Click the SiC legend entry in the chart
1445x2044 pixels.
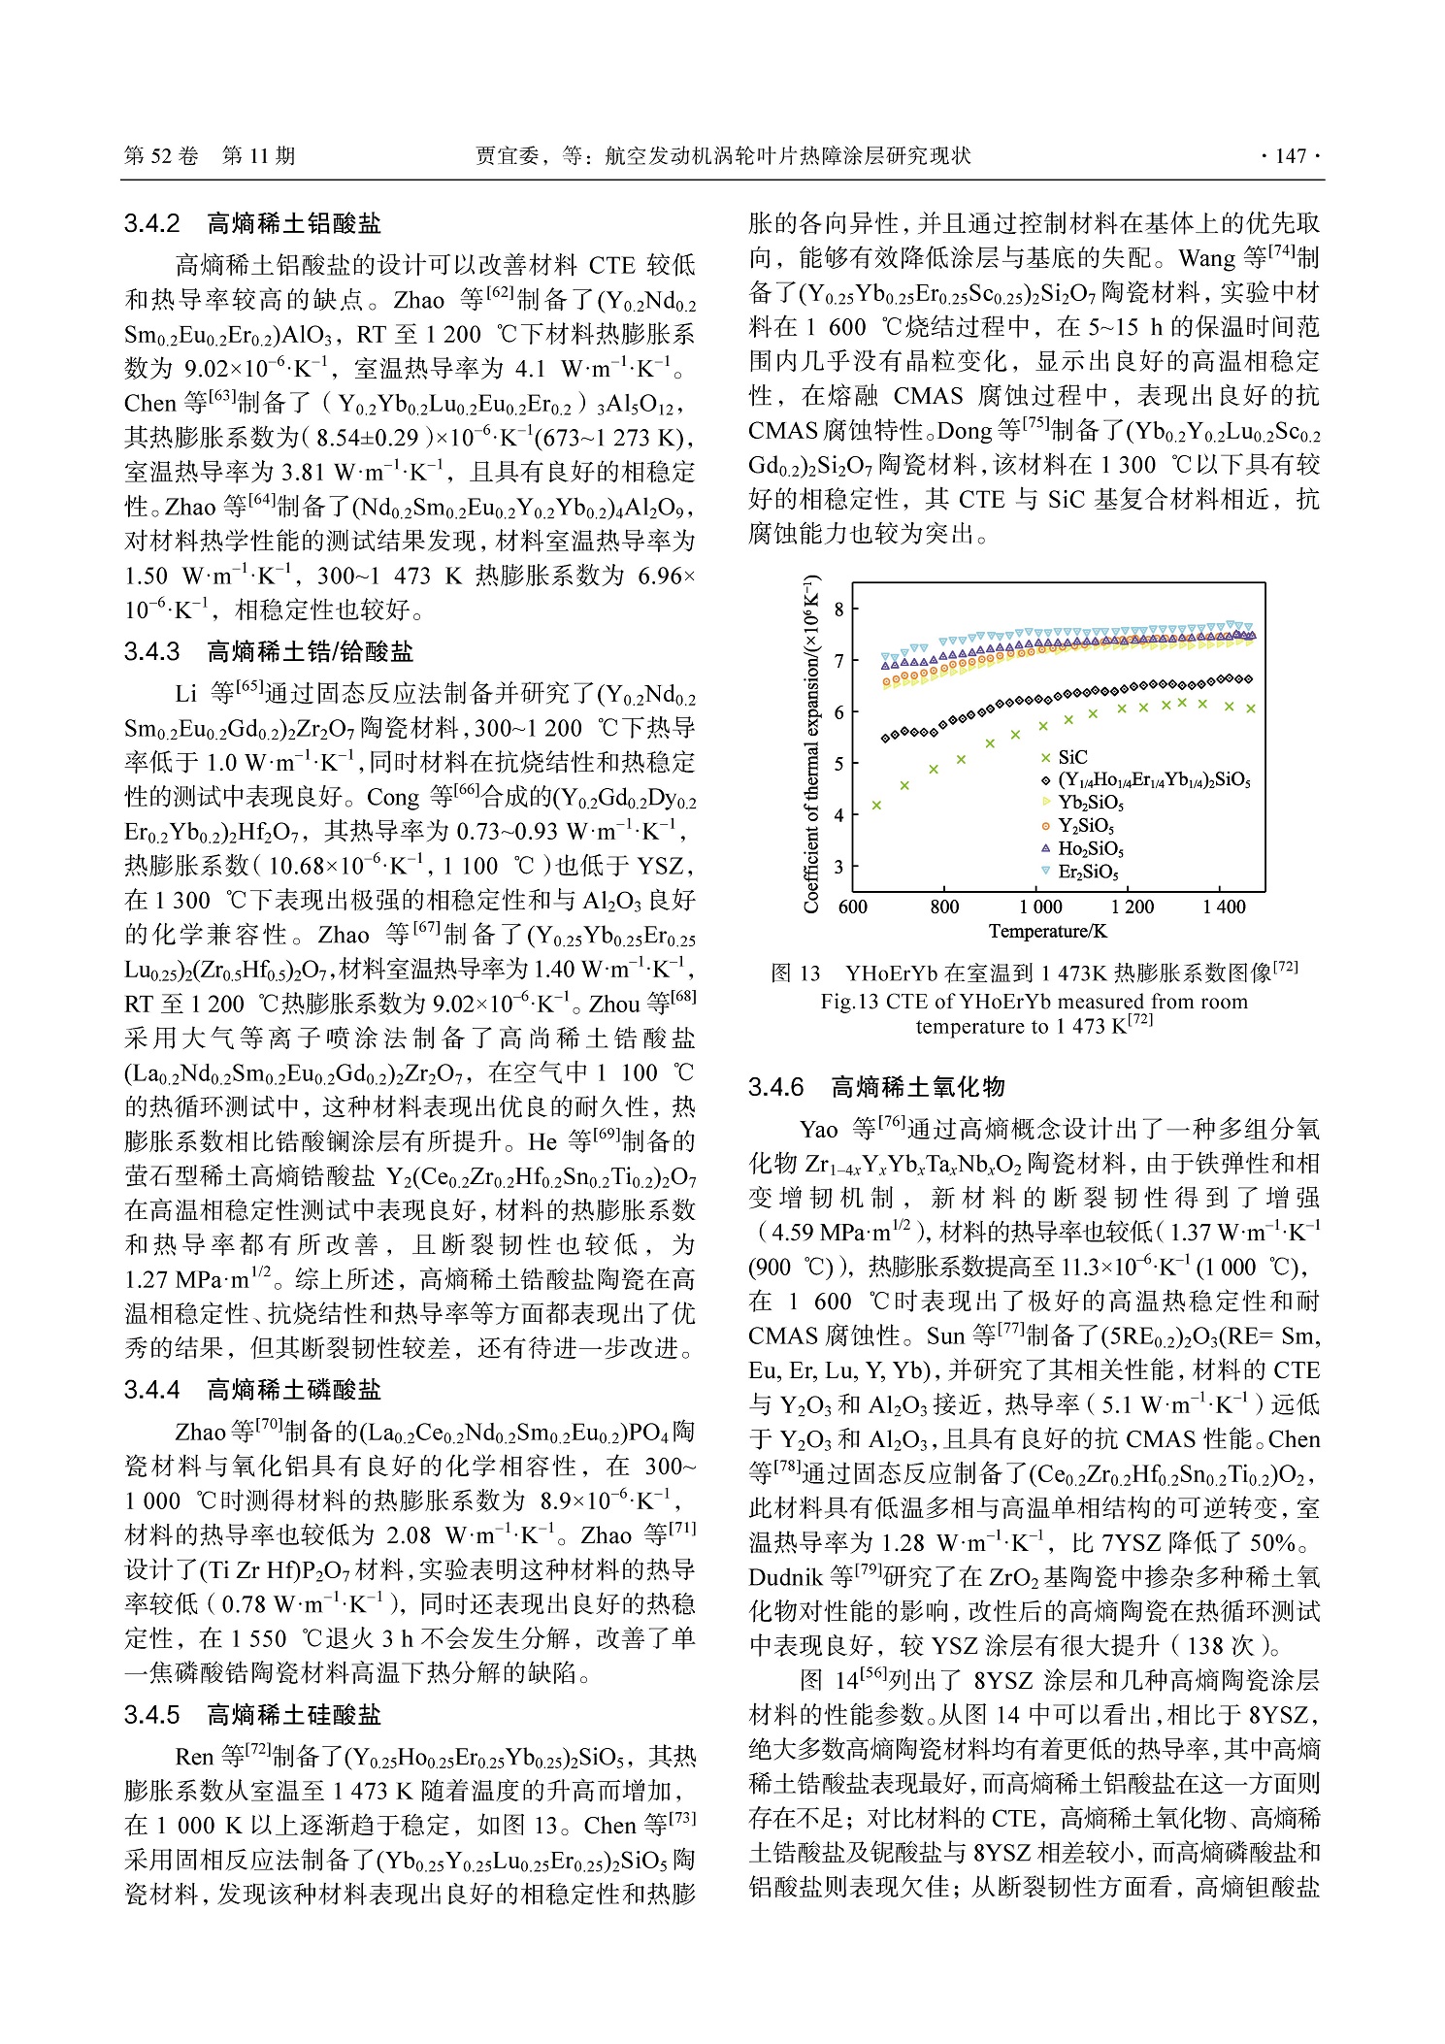pos(1071,757)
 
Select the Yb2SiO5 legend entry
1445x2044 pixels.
pos(1090,803)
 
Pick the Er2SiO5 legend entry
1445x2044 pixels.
pos(1088,872)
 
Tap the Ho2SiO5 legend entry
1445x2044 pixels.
pos(1090,848)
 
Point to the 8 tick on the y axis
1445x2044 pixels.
pos(839,610)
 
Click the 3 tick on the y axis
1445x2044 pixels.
pos(839,867)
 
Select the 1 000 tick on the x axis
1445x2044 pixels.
pos(1040,907)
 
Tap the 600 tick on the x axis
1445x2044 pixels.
pos(852,907)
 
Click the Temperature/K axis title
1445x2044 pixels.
pos(1047,932)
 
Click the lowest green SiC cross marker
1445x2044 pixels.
pos(876,805)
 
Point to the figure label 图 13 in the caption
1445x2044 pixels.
pos(795,973)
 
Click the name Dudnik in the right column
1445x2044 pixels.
pos(787,1577)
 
